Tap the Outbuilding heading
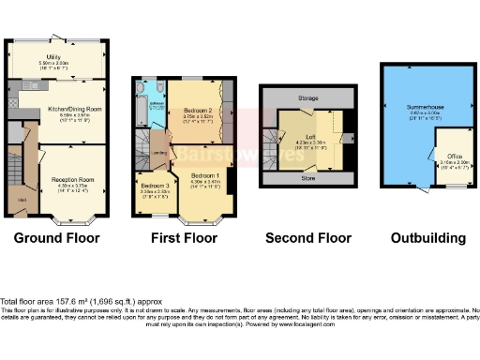point(427,238)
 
